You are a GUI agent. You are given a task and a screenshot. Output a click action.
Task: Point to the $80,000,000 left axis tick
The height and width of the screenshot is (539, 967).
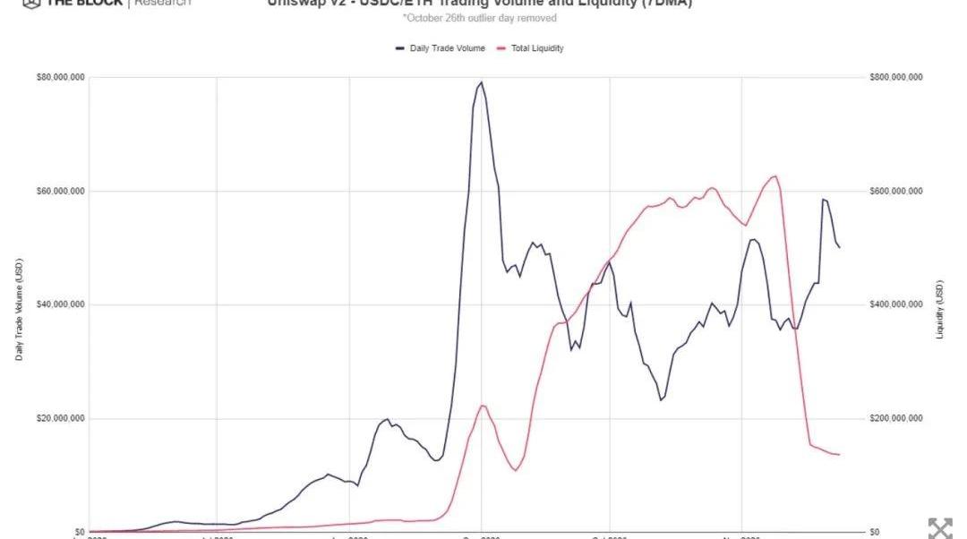[x=60, y=78]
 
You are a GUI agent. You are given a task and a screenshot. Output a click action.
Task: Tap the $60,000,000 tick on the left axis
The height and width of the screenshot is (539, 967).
[x=60, y=192]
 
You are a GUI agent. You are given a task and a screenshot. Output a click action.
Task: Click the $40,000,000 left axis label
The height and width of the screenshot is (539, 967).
[x=60, y=305]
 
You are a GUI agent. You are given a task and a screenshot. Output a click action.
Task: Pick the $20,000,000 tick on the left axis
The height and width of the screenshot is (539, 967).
[x=60, y=419]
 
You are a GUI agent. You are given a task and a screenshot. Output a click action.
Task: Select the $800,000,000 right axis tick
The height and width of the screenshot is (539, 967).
[x=895, y=78]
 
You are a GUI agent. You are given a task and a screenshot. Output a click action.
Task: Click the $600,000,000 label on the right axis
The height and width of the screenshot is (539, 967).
[x=895, y=192]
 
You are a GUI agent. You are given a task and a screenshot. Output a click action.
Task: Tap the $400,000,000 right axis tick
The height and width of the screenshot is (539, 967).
[x=895, y=305]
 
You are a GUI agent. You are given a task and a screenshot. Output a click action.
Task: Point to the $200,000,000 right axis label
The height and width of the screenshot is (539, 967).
[x=895, y=419]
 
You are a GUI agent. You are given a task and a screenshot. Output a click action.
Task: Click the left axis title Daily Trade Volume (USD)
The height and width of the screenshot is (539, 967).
[x=20, y=310]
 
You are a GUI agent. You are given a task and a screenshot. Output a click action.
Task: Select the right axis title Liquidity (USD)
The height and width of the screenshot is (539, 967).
[x=940, y=310]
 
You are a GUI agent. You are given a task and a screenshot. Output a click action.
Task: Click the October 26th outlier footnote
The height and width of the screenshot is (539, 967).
[x=479, y=18]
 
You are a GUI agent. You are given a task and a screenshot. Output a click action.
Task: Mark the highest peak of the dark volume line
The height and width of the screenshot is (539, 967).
[x=482, y=82]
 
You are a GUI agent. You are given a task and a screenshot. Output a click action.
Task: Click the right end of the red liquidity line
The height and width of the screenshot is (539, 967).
[x=839, y=455]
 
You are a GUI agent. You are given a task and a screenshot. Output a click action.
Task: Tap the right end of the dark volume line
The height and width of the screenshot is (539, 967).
[x=839, y=247]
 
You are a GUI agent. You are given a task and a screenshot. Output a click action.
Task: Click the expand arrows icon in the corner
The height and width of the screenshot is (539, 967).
[x=939, y=527]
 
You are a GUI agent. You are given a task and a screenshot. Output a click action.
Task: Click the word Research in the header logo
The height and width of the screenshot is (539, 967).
[x=162, y=3]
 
